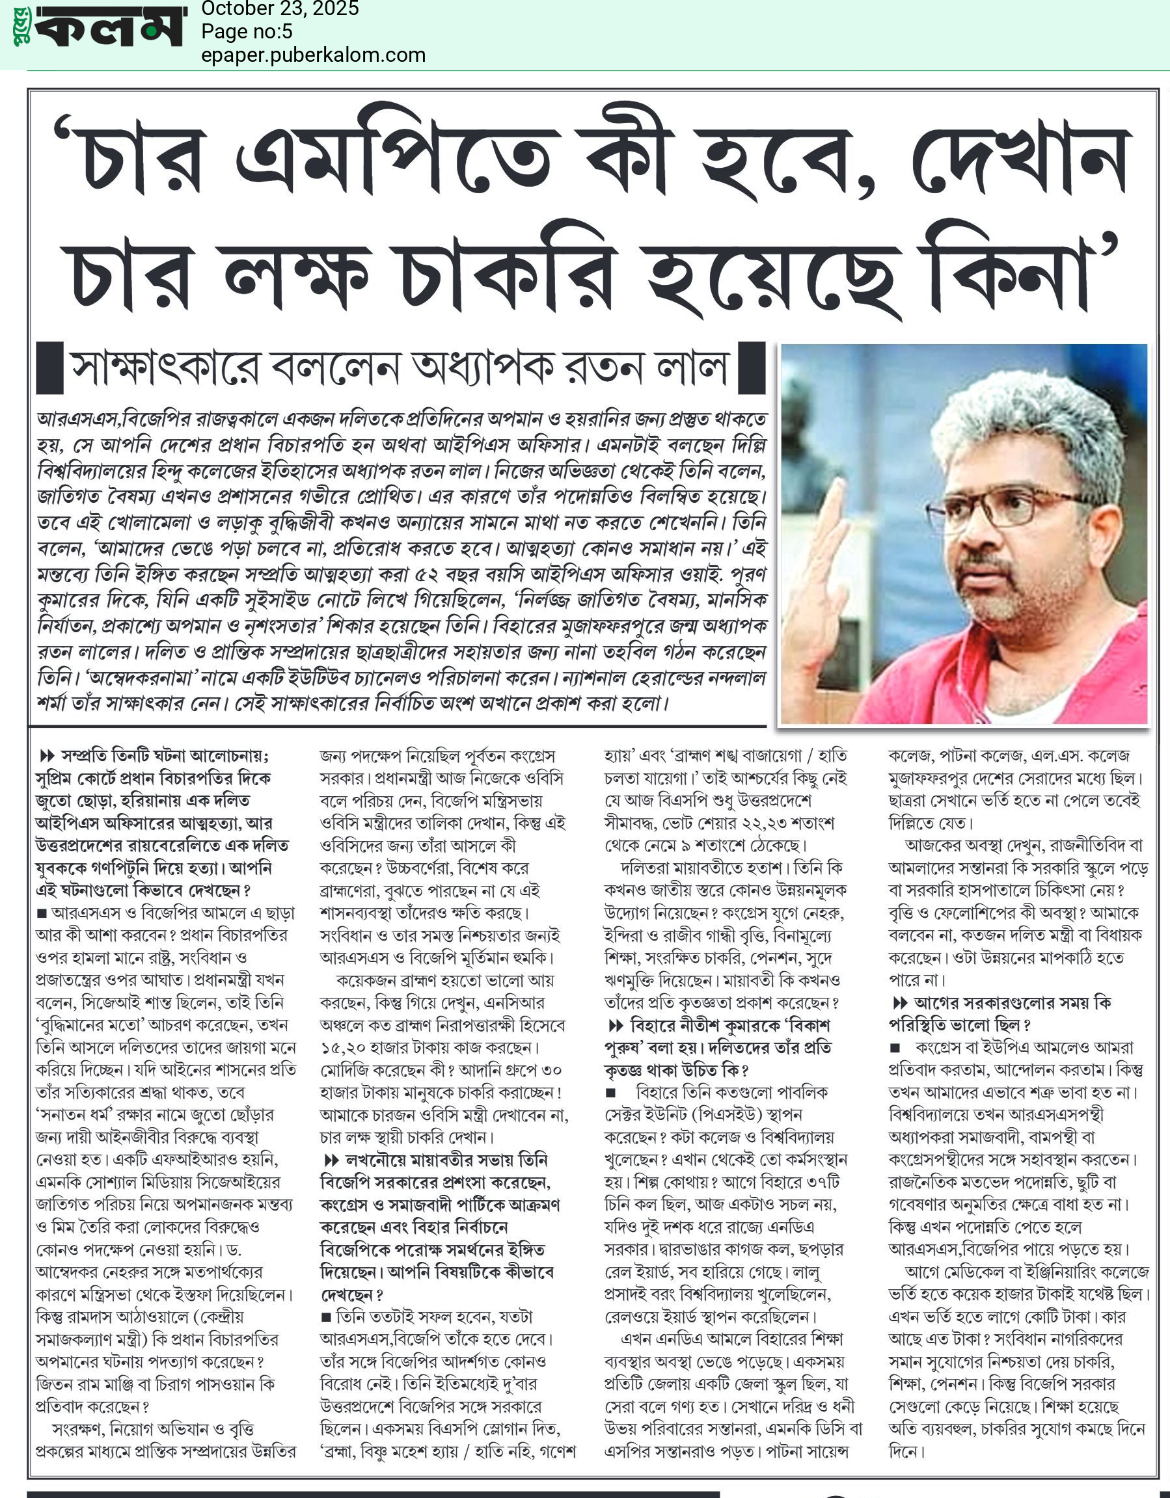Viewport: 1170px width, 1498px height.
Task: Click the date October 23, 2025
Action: (279, 9)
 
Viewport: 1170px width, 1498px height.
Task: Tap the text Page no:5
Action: (247, 32)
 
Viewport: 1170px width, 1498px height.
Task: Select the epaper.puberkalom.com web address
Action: (313, 55)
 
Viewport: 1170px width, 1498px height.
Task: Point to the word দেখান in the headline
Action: (1022, 159)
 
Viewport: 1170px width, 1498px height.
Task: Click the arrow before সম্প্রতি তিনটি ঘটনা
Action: (48, 756)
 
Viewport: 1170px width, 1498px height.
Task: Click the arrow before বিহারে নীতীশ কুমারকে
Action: (616, 1026)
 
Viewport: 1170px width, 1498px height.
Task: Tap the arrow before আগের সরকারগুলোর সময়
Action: (900, 1004)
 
